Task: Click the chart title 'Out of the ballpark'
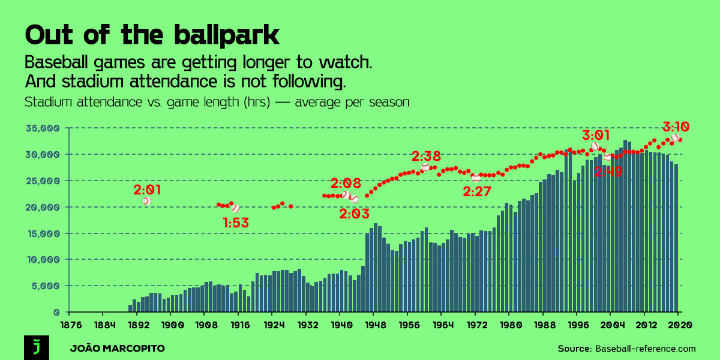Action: coord(152,35)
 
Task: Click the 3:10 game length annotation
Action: coord(676,127)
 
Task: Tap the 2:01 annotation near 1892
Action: coord(147,190)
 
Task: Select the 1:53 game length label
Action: coord(236,223)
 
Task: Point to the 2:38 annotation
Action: coord(426,157)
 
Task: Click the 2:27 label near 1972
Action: coord(478,191)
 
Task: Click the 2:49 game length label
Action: coord(608,172)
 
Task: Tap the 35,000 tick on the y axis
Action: coord(42,128)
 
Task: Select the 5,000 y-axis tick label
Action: coord(44,286)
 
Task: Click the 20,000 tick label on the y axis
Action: coord(42,207)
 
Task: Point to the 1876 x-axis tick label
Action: coord(70,325)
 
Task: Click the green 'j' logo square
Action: coord(35,347)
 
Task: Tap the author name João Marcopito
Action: coord(117,349)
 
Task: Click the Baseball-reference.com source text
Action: coord(645,349)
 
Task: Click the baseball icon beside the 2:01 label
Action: coord(146,201)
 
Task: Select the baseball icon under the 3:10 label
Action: coord(676,137)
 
